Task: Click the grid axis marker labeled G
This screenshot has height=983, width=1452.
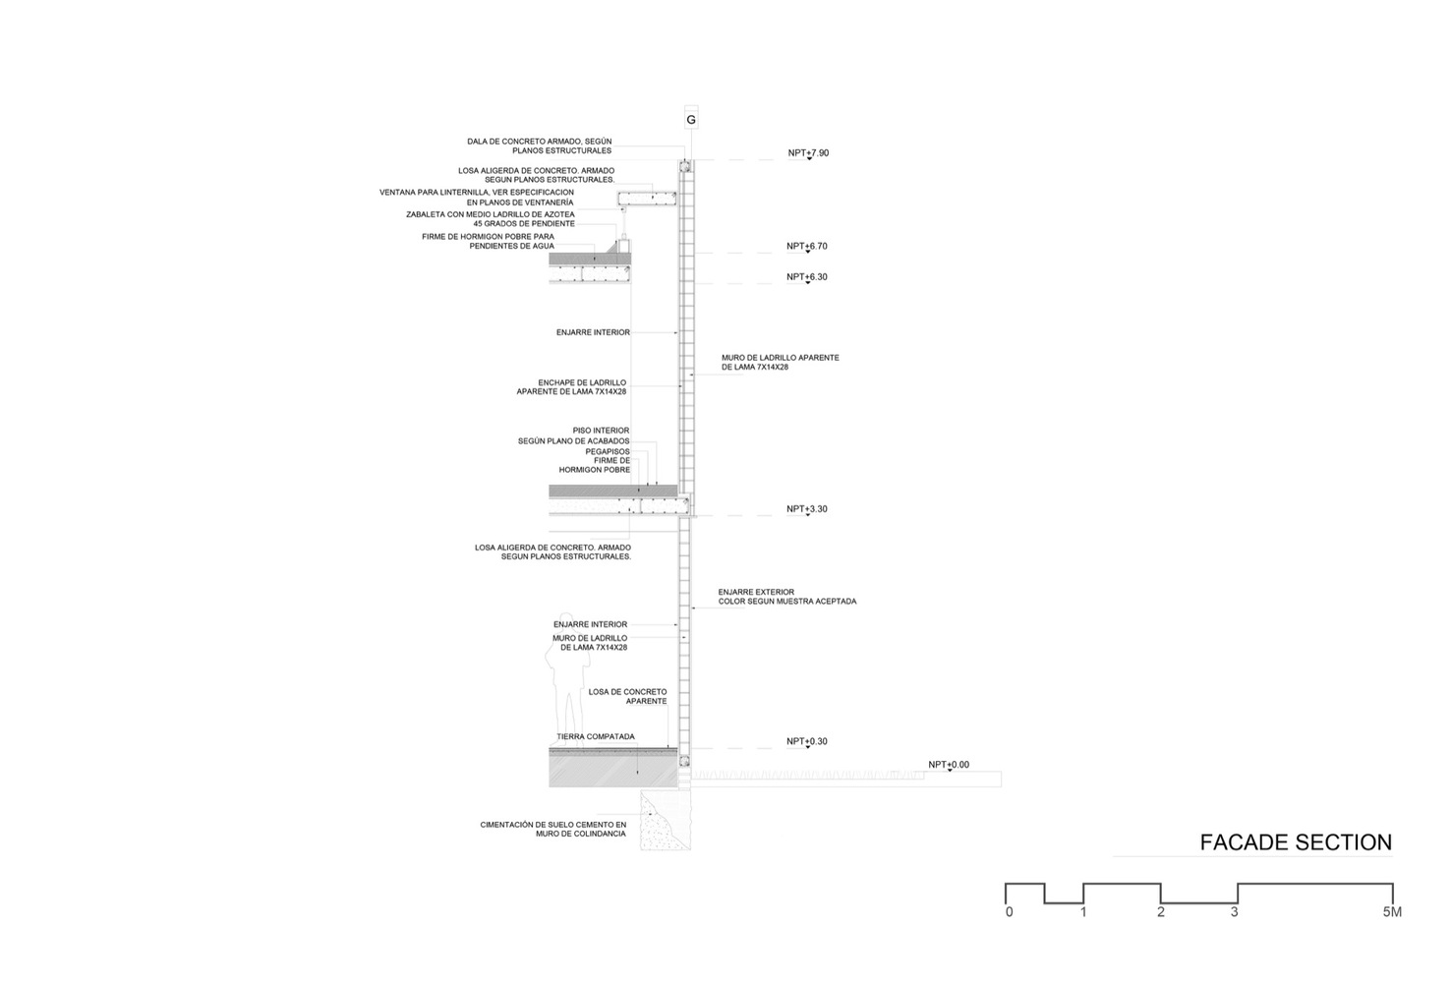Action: tap(691, 119)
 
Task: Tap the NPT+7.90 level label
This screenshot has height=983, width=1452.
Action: tap(808, 153)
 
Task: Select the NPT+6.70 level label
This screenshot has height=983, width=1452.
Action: tap(807, 246)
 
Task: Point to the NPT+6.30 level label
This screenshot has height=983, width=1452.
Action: tap(807, 276)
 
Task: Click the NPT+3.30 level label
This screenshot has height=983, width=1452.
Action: tap(807, 508)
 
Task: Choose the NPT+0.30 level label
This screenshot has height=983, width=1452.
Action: tap(807, 741)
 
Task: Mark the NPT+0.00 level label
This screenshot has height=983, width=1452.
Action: tap(949, 765)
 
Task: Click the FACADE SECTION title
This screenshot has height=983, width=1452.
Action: tap(1296, 842)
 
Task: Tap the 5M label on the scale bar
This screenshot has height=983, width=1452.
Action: tap(1392, 911)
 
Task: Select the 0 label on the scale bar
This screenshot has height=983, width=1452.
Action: tap(1010, 911)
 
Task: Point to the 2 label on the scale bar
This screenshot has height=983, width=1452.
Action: tap(1160, 911)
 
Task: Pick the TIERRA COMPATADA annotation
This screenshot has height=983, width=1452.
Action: tap(596, 737)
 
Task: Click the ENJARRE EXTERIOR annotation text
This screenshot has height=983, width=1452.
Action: tap(756, 592)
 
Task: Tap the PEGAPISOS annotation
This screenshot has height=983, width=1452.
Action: tap(608, 451)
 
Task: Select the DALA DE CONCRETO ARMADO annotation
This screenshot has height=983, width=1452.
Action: tap(540, 145)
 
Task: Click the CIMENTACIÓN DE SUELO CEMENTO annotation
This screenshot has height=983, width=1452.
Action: tap(552, 829)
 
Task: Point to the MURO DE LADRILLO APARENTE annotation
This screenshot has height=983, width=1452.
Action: tap(781, 362)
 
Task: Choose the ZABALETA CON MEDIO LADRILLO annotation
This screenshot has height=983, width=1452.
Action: tap(490, 219)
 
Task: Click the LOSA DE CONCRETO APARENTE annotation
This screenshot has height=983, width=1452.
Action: tap(627, 697)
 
